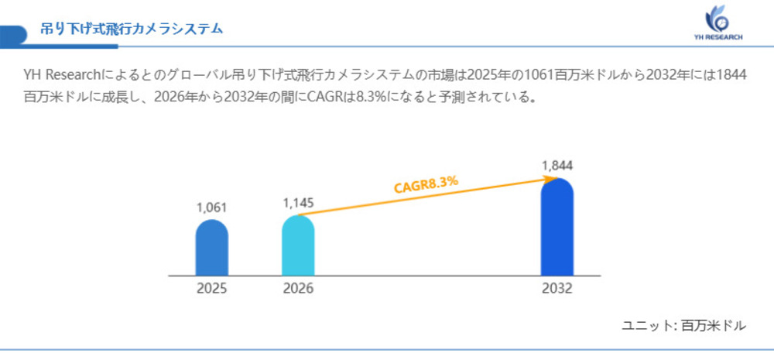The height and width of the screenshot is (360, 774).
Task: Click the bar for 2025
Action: pos(211,248)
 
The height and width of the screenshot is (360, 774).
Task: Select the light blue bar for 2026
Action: pos(298,245)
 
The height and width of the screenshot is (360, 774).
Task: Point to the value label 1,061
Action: pos(211,207)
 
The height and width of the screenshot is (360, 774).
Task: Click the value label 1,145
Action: pos(298,203)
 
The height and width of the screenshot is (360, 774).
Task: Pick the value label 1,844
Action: pos(557,166)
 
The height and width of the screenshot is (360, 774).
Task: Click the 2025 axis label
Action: pos(211,289)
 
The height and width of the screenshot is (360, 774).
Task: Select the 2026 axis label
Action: pos(298,289)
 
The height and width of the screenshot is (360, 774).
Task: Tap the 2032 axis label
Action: pos(557,289)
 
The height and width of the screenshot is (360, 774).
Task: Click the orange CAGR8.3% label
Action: pos(426,184)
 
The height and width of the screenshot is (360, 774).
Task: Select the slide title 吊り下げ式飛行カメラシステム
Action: pos(132,29)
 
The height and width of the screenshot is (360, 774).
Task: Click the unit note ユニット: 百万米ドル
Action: pos(683,326)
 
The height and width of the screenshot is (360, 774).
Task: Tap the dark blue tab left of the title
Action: pos(10,34)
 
